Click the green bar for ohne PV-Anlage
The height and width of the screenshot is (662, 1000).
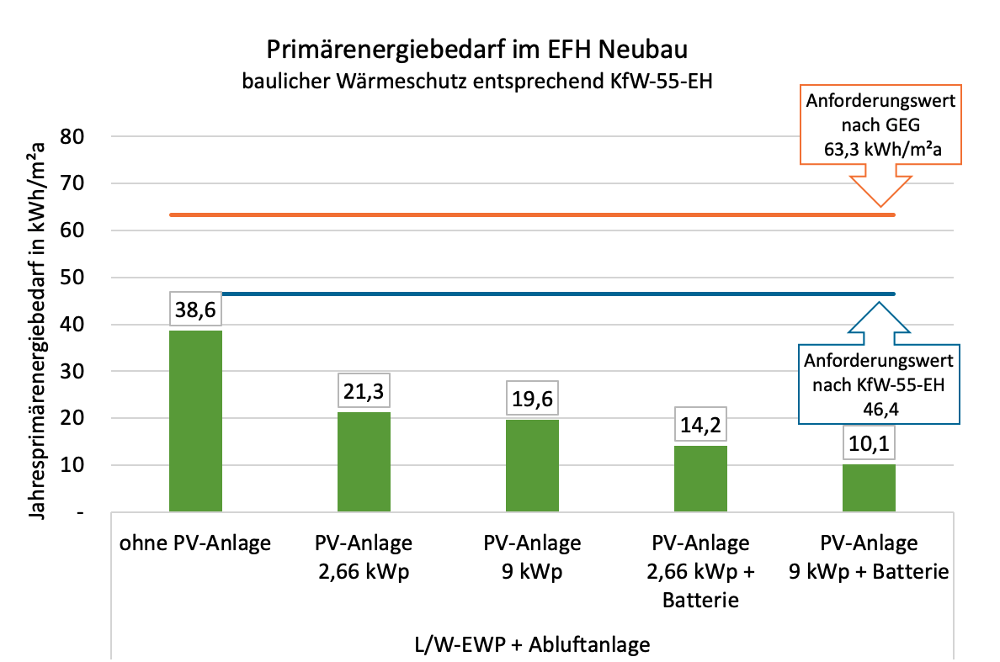(x=195, y=421)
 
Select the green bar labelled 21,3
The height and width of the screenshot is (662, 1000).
(x=364, y=462)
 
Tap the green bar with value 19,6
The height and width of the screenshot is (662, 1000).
(x=532, y=465)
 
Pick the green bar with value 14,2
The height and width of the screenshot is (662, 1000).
(x=700, y=479)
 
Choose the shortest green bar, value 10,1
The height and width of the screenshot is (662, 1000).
(x=869, y=488)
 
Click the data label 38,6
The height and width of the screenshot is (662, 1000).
(x=195, y=309)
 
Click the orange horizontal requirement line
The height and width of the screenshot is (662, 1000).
(x=505, y=214)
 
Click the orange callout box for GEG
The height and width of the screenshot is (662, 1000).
(x=880, y=126)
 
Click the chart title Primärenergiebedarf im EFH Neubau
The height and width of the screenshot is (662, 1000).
(x=477, y=50)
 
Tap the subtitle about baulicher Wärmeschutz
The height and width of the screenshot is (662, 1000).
(x=477, y=82)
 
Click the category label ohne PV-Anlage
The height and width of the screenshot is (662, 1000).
(x=195, y=543)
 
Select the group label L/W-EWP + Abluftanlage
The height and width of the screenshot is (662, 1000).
(x=532, y=644)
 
